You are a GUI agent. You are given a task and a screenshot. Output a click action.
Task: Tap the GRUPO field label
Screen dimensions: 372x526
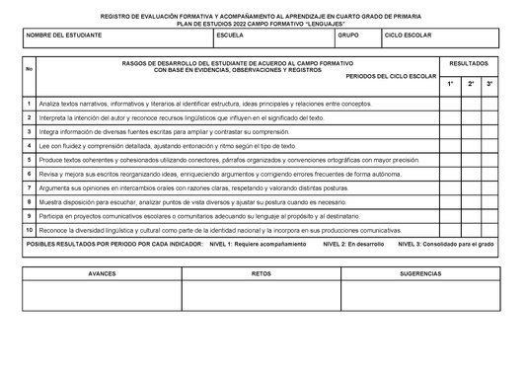(x=348, y=35)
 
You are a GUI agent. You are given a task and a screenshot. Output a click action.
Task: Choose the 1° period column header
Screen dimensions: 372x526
(x=450, y=85)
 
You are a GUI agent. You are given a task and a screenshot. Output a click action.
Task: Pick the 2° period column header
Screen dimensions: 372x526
(x=471, y=85)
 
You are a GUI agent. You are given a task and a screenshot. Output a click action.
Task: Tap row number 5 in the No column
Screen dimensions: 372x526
(x=29, y=159)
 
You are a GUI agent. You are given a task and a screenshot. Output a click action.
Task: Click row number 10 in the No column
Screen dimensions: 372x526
(x=29, y=229)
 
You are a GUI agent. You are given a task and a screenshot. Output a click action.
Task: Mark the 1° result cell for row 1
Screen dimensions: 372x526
(x=450, y=104)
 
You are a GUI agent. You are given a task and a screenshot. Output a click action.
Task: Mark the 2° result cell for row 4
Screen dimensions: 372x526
(x=471, y=145)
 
